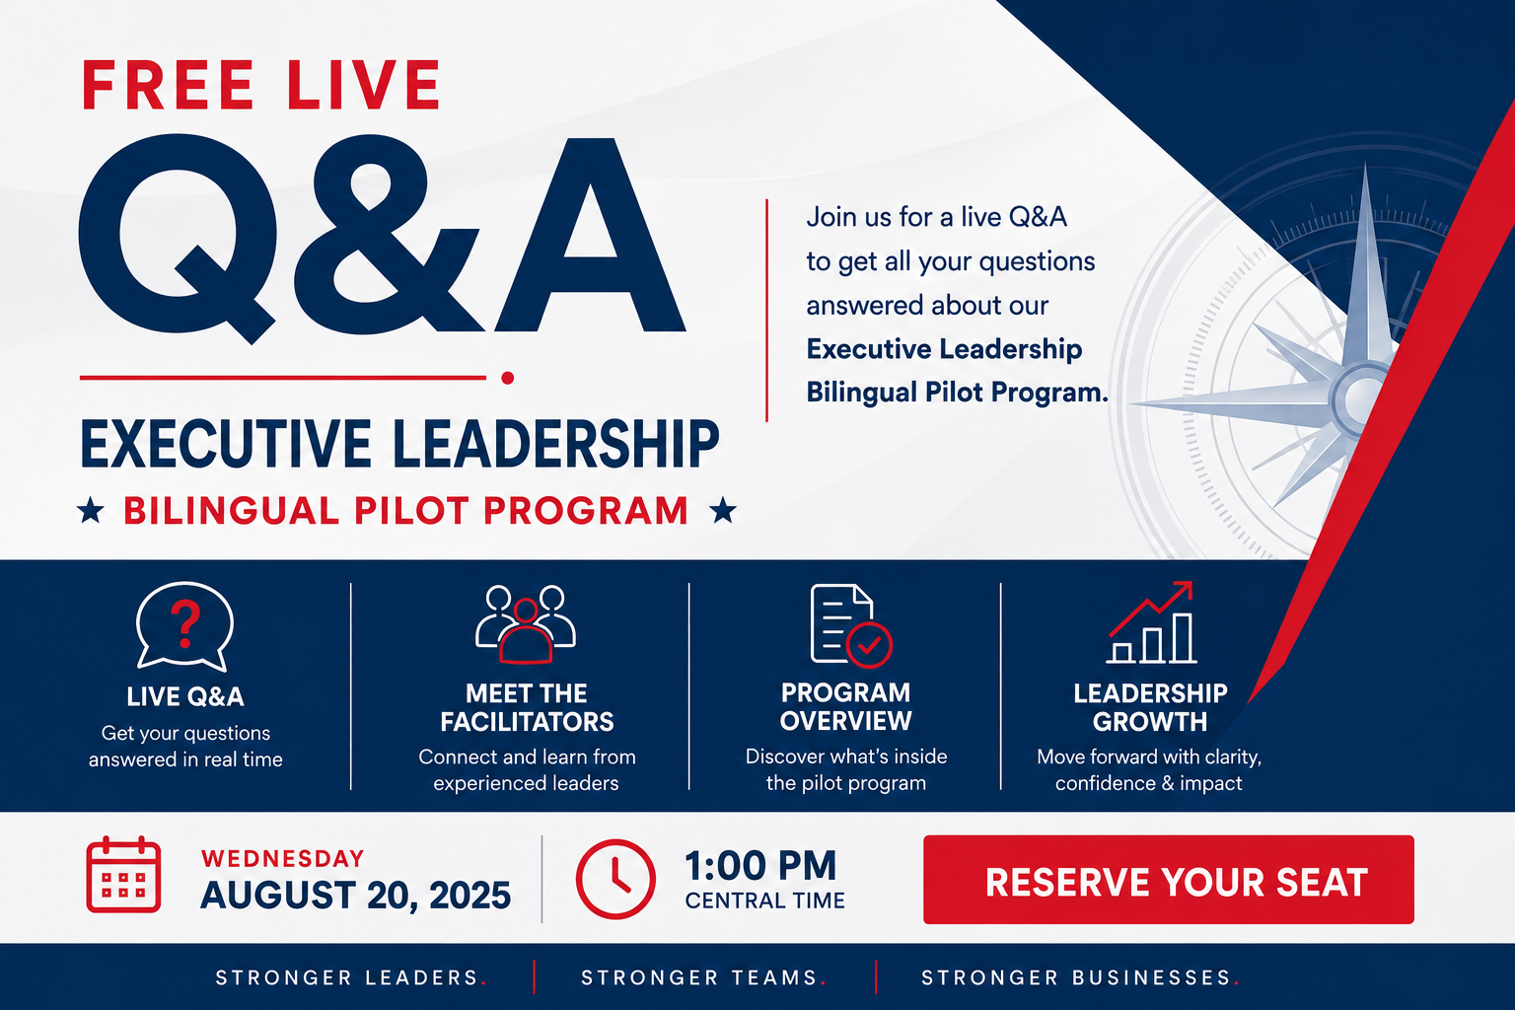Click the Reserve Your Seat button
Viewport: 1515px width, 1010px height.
coord(1168,880)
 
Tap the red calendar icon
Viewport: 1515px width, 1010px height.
coord(123,874)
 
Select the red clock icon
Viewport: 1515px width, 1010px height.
coord(615,879)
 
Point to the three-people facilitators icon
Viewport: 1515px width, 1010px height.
coord(526,623)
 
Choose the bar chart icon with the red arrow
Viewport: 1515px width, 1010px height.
coord(1151,622)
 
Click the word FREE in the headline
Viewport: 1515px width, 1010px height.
coord(168,85)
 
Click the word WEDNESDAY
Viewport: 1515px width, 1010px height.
coord(283,858)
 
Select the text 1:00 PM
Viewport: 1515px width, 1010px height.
coord(760,865)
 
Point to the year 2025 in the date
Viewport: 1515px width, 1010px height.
coord(469,896)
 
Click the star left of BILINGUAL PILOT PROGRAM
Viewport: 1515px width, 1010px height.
coord(91,510)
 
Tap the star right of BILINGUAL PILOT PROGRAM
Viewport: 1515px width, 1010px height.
coord(723,510)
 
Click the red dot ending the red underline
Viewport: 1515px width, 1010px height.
coord(507,378)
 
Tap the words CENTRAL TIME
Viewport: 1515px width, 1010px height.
coord(765,902)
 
